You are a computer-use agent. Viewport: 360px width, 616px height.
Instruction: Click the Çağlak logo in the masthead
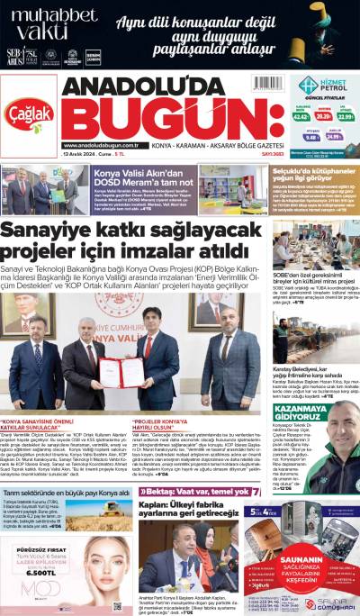[x=31, y=112]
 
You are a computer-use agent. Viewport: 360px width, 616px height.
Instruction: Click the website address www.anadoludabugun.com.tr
[x=100, y=145]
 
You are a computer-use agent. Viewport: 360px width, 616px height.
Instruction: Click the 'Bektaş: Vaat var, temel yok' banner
[x=194, y=492]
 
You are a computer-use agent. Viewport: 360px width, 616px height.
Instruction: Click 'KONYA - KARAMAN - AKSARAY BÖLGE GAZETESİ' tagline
[x=210, y=145]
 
